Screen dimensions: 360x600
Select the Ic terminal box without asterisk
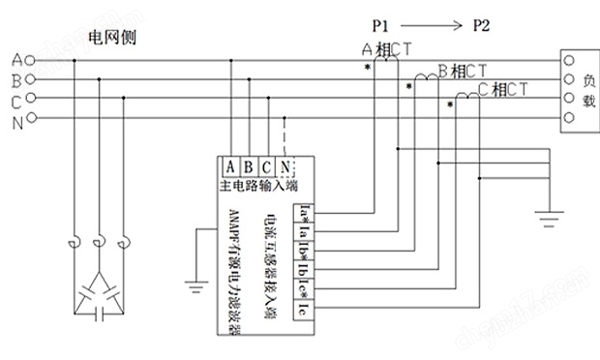tap(304, 310)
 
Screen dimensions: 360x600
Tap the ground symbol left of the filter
tap(195, 285)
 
